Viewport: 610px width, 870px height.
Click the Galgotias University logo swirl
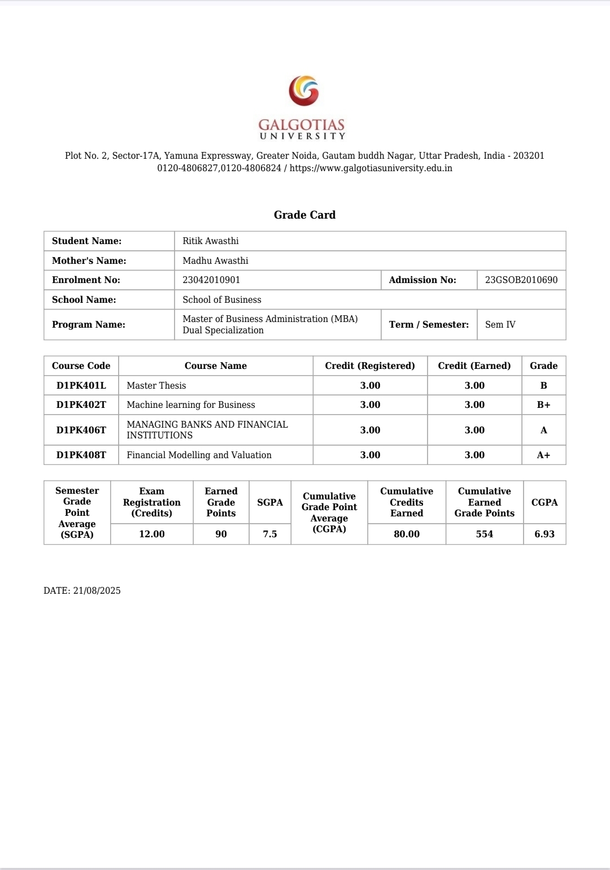(x=304, y=91)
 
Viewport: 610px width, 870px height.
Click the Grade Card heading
(x=304, y=215)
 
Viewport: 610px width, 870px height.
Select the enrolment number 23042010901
(x=211, y=280)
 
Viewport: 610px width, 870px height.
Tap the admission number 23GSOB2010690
(x=521, y=280)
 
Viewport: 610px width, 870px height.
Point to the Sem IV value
(x=500, y=324)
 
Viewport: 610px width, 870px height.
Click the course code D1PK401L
(x=81, y=385)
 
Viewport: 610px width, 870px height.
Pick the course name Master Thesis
(x=156, y=385)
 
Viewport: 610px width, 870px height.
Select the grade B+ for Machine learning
(x=543, y=404)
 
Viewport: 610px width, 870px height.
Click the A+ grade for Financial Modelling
(x=543, y=455)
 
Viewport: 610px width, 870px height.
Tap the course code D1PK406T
(x=81, y=430)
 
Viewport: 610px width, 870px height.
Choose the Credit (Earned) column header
(x=474, y=366)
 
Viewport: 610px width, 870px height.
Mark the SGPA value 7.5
(x=270, y=534)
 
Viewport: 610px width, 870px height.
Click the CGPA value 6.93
(x=544, y=534)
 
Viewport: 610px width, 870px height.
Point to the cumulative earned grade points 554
(x=484, y=534)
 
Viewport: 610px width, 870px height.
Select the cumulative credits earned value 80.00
(x=407, y=534)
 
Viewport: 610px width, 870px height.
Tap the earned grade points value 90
(x=221, y=534)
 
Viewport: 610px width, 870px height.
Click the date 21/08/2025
(x=97, y=590)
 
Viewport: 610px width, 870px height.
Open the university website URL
(x=371, y=168)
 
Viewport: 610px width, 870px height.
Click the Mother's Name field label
(x=89, y=260)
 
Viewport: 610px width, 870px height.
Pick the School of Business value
(x=222, y=299)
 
